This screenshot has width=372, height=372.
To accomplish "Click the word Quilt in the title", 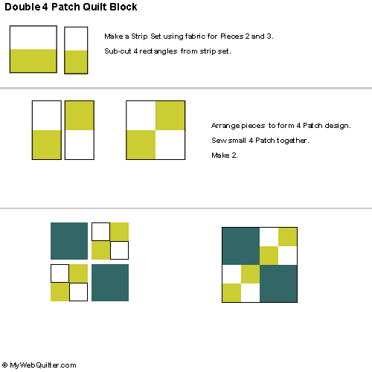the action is point(94,7).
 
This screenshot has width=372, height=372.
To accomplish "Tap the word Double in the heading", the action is point(22,7).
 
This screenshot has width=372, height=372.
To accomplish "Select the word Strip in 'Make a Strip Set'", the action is point(139,36).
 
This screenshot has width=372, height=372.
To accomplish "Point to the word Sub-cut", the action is point(118,51).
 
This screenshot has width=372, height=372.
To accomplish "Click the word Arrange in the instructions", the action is point(225,126).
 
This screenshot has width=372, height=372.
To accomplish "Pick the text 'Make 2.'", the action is point(225,155).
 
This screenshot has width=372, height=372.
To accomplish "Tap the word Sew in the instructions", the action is point(217,141).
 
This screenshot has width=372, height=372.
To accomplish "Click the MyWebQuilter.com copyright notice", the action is point(39,365).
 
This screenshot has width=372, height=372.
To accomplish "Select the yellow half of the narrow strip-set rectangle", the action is point(76,62).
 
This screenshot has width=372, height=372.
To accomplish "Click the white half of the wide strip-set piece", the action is point(33,38).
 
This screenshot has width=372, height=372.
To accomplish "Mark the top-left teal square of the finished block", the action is point(241,246).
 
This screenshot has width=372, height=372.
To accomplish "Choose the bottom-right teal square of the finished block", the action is point(278,283).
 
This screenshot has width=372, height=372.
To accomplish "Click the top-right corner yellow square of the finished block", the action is point(288,237).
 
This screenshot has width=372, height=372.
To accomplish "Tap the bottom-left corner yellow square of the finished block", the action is point(231,292).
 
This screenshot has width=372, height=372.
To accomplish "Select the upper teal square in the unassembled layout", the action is point(69,241).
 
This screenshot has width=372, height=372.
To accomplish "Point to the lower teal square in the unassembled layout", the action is point(110,283).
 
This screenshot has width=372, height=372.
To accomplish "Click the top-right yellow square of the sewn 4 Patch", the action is point(170,115).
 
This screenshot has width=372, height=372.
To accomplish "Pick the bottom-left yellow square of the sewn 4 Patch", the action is point(141,144).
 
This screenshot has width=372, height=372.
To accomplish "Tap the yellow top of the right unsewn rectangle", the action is point(80,115).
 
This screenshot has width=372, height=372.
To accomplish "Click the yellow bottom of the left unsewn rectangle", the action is point(47,144).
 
